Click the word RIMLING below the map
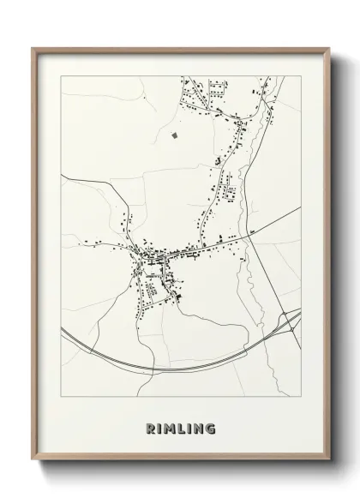(x=180, y=429)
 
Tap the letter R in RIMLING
(x=149, y=429)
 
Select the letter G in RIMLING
(x=211, y=429)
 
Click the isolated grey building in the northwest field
(x=176, y=134)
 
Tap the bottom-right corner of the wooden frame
(x=328, y=460)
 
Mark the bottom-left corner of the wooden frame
(x=33, y=460)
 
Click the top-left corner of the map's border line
(x=61, y=76)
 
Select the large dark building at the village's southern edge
(x=178, y=296)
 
